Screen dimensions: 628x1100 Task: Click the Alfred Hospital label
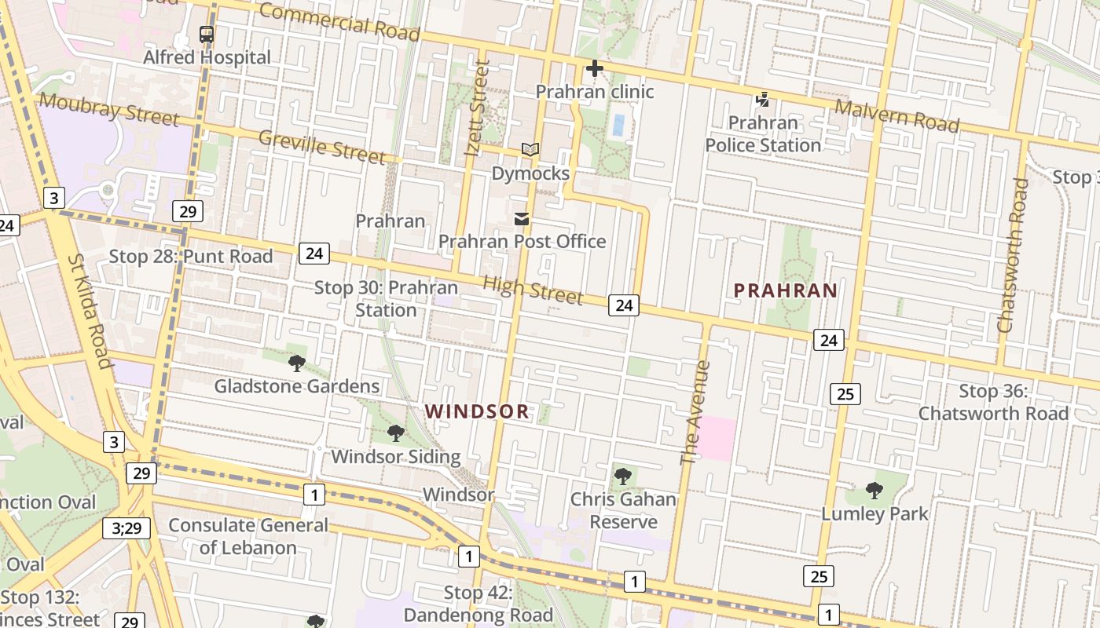207,57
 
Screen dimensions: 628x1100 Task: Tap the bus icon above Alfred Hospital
207,35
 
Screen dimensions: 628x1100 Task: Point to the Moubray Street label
109,109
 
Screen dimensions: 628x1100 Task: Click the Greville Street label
322,147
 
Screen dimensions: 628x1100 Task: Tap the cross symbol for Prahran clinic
595,69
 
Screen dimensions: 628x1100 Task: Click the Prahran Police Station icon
762,100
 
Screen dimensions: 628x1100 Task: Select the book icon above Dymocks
530,150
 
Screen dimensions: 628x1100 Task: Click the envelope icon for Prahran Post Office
522,219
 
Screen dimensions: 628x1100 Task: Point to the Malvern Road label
896,115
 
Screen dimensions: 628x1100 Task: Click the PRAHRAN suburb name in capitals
785,290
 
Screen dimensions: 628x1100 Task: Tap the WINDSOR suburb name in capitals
477,411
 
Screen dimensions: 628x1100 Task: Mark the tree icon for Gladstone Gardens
297,363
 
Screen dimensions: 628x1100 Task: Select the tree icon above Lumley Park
874,491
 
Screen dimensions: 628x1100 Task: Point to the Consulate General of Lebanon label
248,536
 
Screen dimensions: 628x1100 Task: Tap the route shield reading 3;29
126,528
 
